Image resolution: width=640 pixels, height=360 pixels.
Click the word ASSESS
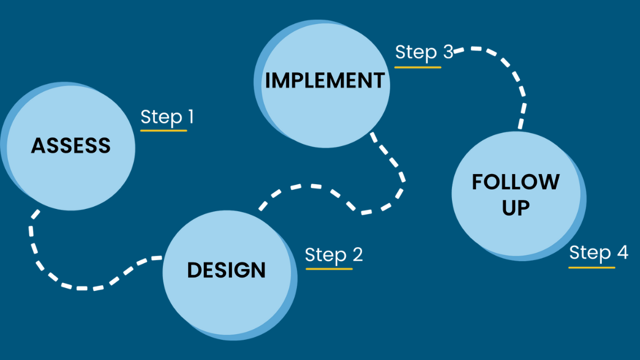pos(71,145)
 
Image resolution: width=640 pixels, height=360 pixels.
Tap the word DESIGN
pos(226,270)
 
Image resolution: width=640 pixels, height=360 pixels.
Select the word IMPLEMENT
pos(325,80)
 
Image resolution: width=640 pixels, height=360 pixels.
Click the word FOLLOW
pos(515,182)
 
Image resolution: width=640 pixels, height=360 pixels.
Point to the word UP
pos(515,208)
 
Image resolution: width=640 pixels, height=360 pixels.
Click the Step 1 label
pos(167,117)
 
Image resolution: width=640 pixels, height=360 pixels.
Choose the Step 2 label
pos(333,254)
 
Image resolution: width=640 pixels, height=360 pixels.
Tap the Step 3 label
pos(424,52)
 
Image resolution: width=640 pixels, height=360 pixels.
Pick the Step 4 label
pos(598,253)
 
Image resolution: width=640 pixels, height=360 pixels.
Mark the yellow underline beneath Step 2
pos(329,269)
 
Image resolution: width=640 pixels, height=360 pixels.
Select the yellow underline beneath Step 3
pos(418,67)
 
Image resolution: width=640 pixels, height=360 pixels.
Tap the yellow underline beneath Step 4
pos(592,267)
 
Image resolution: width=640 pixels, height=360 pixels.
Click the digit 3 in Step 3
pos(447,52)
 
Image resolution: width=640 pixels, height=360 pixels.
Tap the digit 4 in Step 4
pos(621,253)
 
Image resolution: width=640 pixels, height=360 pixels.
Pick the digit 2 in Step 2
pos(356,254)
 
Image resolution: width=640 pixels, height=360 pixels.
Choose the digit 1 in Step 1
pos(190,117)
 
